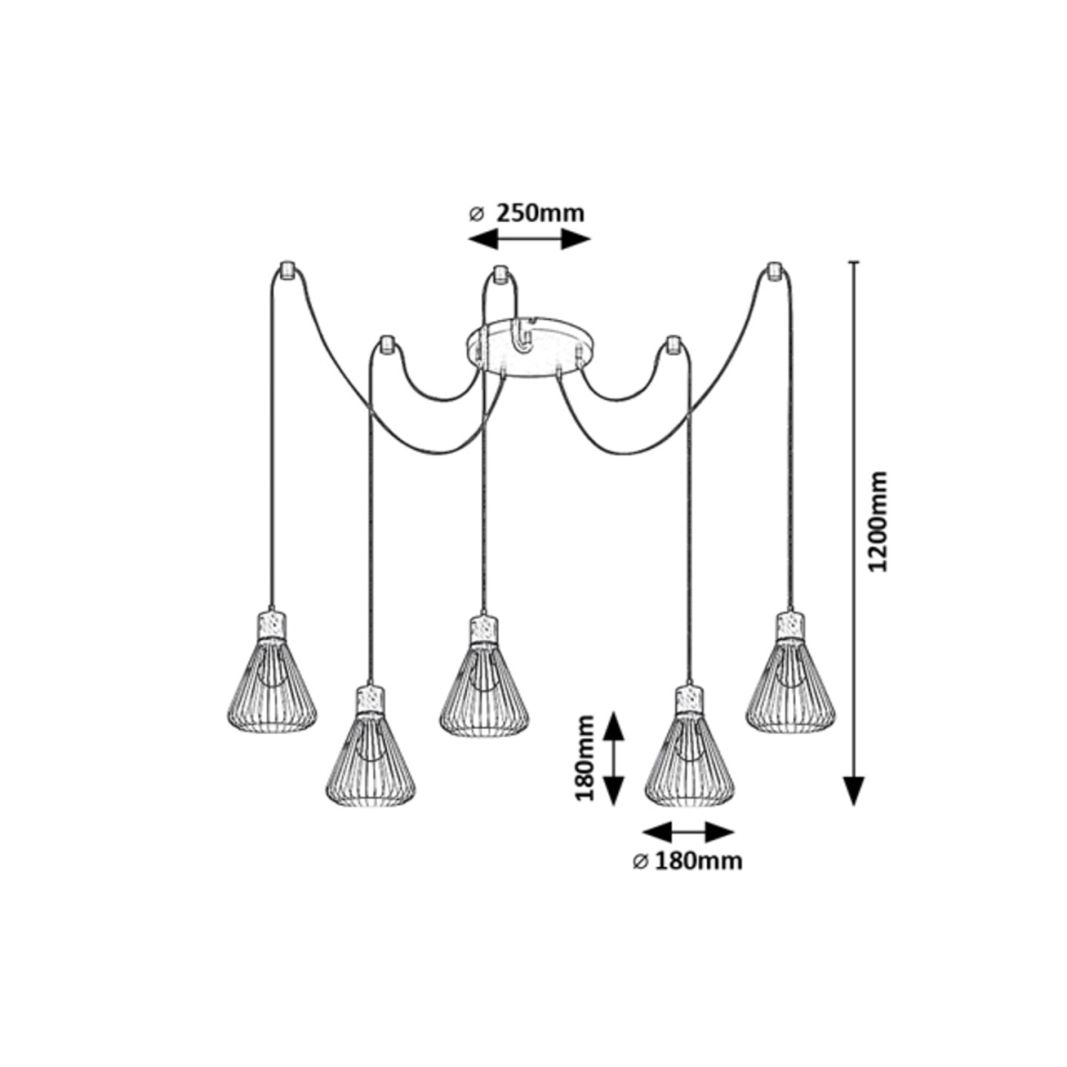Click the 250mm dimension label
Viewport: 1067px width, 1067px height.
(540, 213)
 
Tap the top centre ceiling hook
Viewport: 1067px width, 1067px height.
(500, 274)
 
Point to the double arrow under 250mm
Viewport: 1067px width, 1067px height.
(529, 240)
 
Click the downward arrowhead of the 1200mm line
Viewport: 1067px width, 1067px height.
(854, 790)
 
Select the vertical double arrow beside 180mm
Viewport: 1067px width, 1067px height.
(613, 759)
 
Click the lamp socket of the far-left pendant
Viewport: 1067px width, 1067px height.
(272, 624)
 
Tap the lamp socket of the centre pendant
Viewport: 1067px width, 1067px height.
(485, 629)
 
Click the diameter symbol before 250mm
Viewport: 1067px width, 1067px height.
(477, 214)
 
